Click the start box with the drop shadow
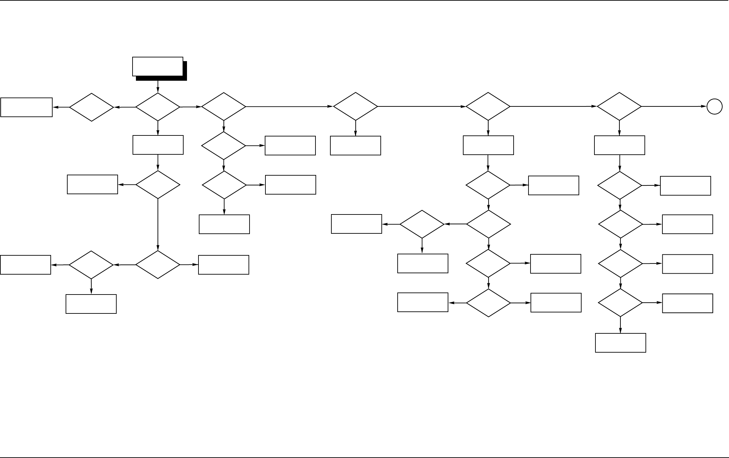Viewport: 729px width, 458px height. tap(158, 67)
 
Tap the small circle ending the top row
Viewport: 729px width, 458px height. tap(714, 107)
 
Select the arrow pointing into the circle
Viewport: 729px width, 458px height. tap(675, 107)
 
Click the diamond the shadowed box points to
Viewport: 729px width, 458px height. tap(158, 107)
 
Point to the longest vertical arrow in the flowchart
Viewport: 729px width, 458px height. tap(158, 225)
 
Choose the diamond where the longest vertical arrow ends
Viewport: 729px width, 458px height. tap(158, 264)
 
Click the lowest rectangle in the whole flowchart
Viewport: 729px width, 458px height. tap(620, 343)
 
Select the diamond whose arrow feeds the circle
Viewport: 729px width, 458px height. tap(619, 106)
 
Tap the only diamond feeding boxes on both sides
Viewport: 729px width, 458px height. tap(488, 303)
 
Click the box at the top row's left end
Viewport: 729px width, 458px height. tap(26, 107)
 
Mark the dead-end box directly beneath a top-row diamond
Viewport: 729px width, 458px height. tap(355, 146)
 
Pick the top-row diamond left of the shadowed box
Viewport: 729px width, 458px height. tap(92, 107)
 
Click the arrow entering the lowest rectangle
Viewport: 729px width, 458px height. tap(620, 325)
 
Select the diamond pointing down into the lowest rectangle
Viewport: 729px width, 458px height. tap(620, 303)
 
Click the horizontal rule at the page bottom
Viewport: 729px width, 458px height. tap(364, 457)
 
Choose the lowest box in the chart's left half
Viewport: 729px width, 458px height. tap(91, 304)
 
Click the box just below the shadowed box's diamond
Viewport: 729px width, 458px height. tap(158, 145)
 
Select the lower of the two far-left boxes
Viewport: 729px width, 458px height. tap(26, 265)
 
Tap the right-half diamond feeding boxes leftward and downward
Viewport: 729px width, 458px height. tap(422, 224)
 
